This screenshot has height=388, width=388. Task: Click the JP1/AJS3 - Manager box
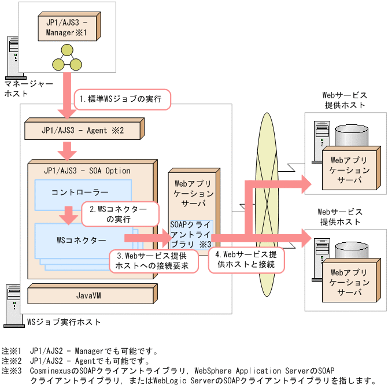(x=66, y=27)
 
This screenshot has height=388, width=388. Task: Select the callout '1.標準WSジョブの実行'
(x=123, y=99)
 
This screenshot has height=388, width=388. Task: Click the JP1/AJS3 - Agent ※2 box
(x=83, y=130)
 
